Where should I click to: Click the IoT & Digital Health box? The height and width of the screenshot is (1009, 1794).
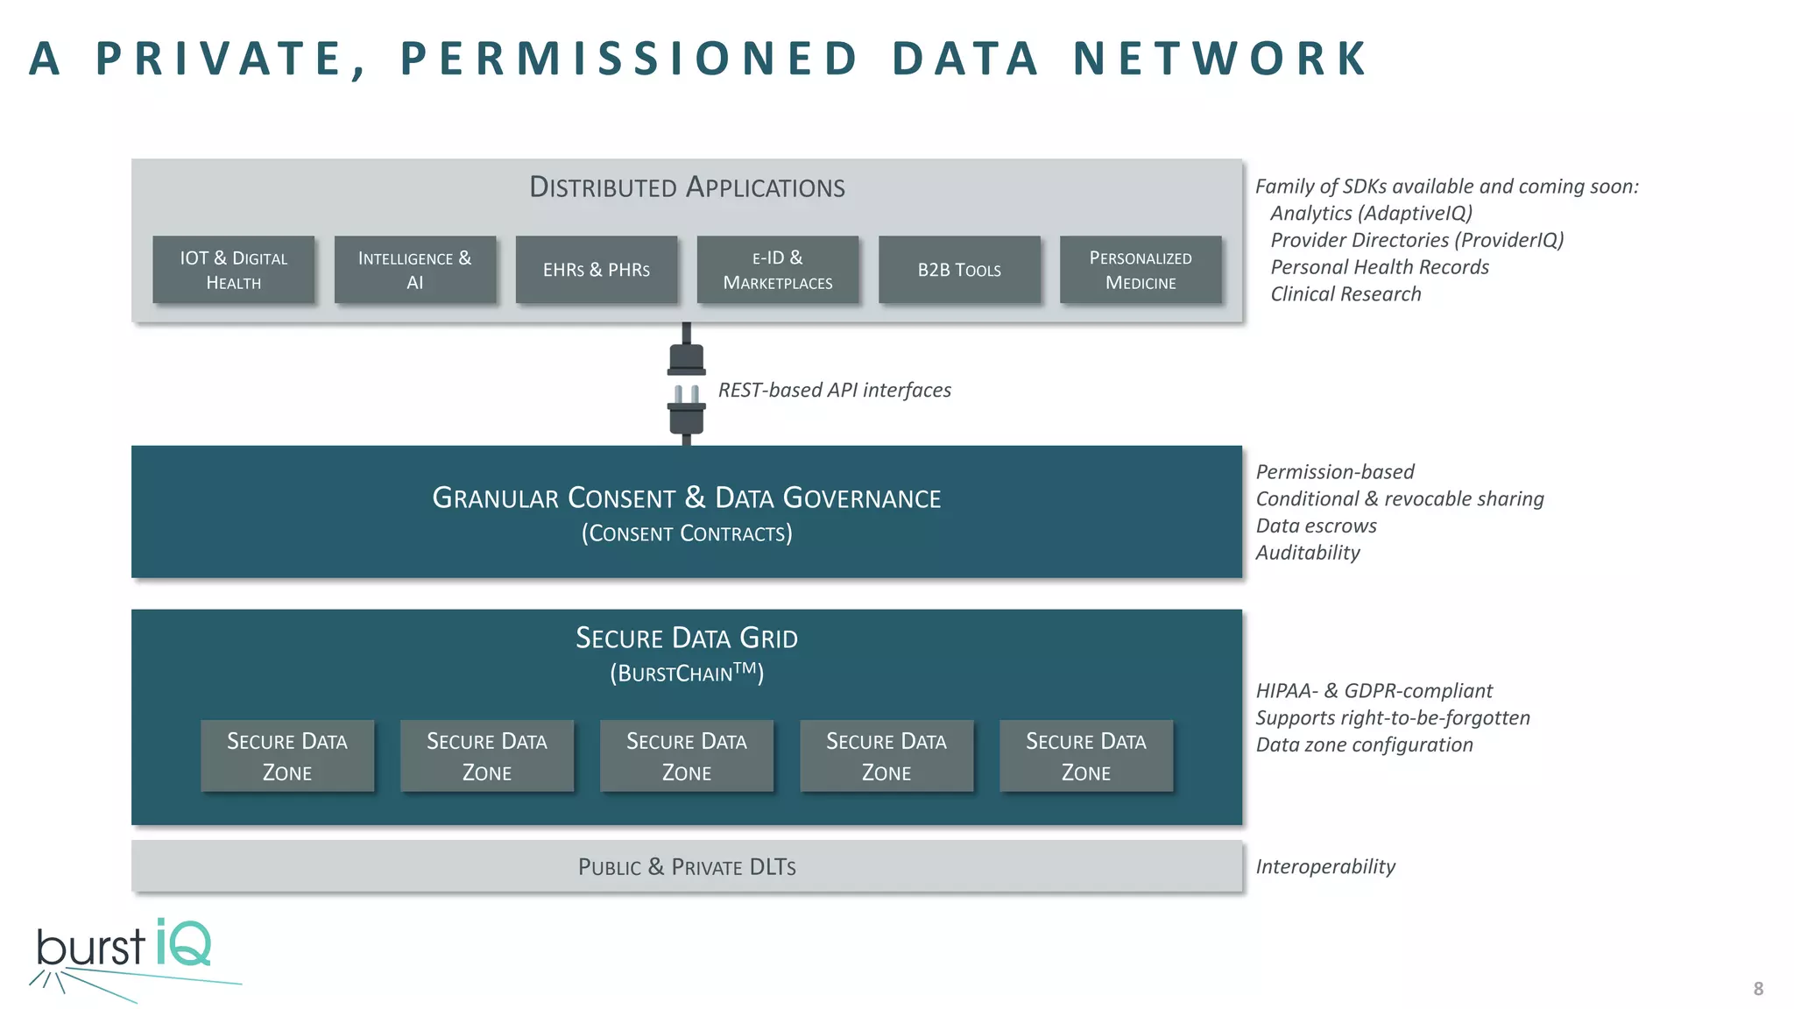point(233,270)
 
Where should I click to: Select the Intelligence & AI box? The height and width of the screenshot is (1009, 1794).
point(415,270)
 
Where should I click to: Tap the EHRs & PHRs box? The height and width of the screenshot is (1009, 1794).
point(597,270)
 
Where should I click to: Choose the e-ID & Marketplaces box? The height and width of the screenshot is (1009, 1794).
point(778,270)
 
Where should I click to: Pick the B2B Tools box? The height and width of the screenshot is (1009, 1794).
point(959,270)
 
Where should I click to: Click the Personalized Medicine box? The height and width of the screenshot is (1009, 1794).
point(1141,270)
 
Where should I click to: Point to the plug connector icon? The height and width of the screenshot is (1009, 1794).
point(687,384)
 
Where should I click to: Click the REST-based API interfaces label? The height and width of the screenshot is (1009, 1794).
point(835,390)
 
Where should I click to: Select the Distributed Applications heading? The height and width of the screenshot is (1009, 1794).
point(687,187)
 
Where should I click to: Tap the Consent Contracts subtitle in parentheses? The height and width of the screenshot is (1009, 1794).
point(687,533)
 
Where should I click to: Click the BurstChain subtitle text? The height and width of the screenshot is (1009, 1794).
point(687,673)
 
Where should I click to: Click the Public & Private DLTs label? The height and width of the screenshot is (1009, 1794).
point(687,867)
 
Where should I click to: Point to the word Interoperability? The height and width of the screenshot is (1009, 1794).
point(1325,867)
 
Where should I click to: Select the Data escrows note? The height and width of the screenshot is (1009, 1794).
point(1316,526)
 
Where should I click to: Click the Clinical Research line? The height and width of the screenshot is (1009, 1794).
point(1345,294)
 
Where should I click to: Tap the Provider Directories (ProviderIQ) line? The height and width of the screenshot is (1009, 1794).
point(1417,240)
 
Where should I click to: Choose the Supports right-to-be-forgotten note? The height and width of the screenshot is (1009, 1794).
point(1393,718)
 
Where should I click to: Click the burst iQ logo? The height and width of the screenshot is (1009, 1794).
point(131,957)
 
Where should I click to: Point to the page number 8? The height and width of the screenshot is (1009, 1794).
point(1758,989)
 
